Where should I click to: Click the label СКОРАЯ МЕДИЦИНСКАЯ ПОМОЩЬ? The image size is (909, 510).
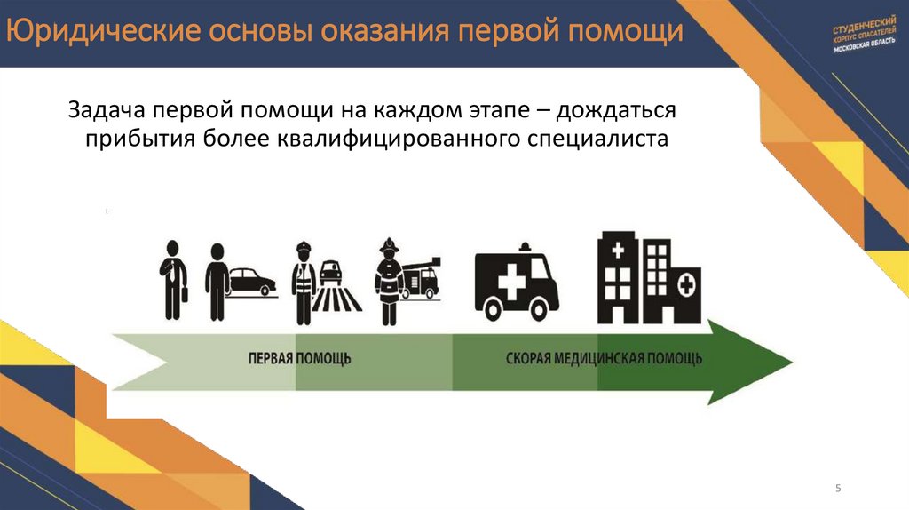pos(604,359)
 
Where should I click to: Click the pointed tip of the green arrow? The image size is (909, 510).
pos(789,360)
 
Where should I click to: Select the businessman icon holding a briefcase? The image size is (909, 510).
pos(172,277)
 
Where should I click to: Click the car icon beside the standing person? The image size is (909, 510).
pos(251,283)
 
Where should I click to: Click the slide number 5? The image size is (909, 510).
pos(838,490)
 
